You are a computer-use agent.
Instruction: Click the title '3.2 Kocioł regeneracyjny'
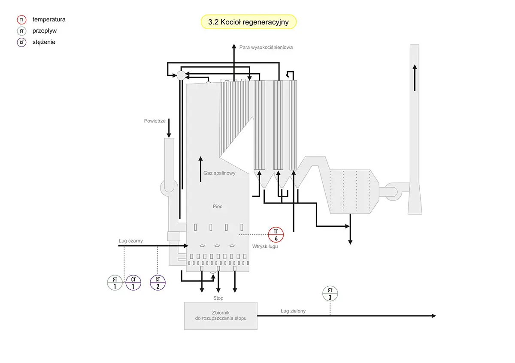pyautogui.click(x=248, y=22)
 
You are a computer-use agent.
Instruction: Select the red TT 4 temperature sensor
pyautogui.click(x=276, y=234)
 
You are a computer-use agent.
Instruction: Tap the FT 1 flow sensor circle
pyautogui.click(x=115, y=283)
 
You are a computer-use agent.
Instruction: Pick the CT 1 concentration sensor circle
pyautogui.click(x=133, y=283)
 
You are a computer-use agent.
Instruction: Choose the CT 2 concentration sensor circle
pyautogui.click(x=158, y=283)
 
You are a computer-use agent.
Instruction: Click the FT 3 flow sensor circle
pyautogui.click(x=330, y=294)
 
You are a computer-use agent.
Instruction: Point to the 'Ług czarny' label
pyautogui.click(x=131, y=241)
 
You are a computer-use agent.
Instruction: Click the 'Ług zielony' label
pyautogui.click(x=293, y=311)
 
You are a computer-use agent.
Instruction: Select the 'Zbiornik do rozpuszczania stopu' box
pyautogui.click(x=221, y=315)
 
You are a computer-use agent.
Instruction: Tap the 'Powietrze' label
pyautogui.click(x=155, y=121)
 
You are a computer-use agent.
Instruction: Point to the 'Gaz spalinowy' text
pyautogui.click(x=220, y=174)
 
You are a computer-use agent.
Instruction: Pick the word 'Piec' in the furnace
pyautogui.click(x=218, y=207)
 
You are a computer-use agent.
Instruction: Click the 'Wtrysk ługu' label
pyautogui.click(x=265, y=246)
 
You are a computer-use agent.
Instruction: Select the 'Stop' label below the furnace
pyautogui.click(x=218, y=298)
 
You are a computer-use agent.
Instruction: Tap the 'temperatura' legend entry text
pyautogui.click(x=49, y=19)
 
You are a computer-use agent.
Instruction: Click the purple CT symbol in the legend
pyautogui.click(x=22, y=42)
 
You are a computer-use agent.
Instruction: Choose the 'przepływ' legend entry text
pyautogui.click(x=45, y=31)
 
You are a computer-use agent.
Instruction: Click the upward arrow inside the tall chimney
pyautogui.click(x=415, y=77)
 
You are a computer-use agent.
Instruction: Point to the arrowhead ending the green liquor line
pyautogui.click(x=433, y=316)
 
